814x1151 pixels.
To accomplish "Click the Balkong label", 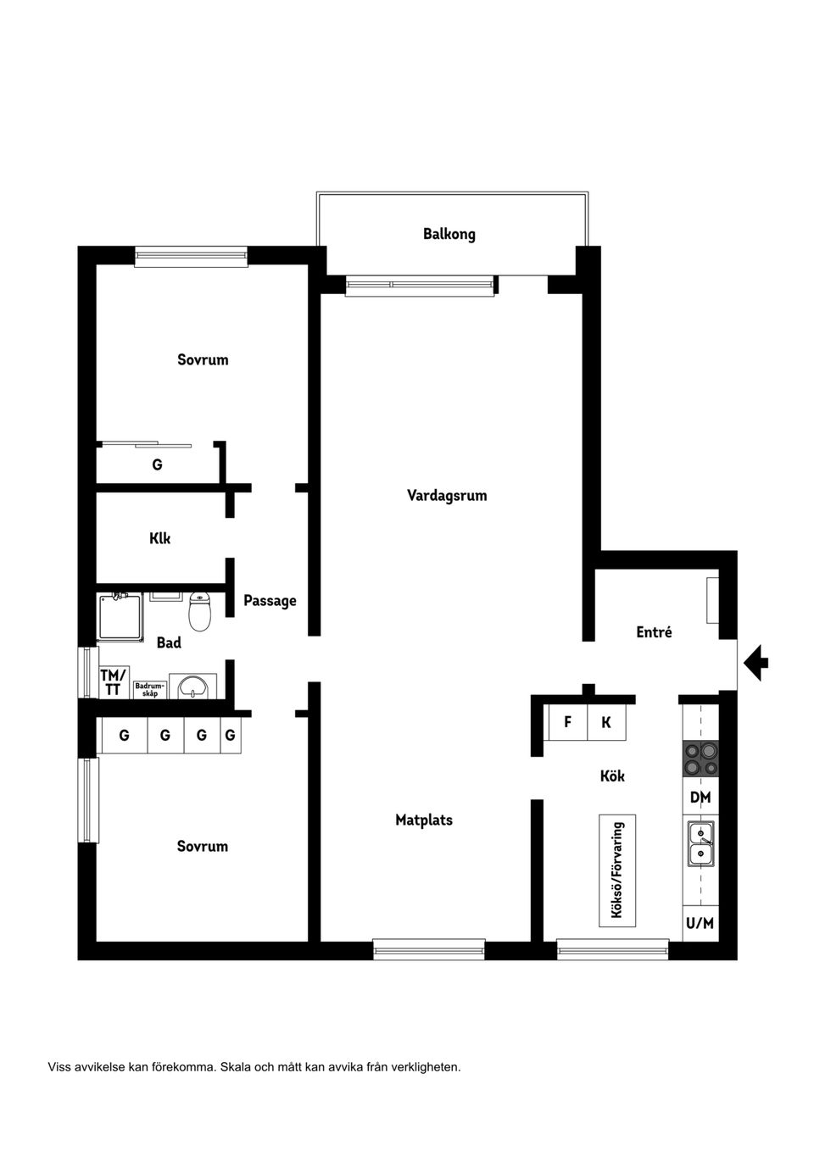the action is pyautogui.click(x=449, y=234).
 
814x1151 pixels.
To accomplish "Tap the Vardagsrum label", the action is pyautogui.click(x=447, y=496).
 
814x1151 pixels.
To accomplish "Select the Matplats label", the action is pyautogui.click(x=424, y=820).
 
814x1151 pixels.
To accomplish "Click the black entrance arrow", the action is pyautogui.click(x=756, y=663).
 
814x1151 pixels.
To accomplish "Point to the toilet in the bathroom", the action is pyautogui.click(x=200, y=611).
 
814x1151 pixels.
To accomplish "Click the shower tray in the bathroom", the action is pyautogui.click(x=120, y=617).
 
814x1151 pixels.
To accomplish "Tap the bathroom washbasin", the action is pyautogui.click(x=192, y=687).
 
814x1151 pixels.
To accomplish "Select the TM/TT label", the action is pyautogui.click(x=113, y=681).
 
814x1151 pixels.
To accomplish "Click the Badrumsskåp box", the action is pyautogui.click(x=150, y=689).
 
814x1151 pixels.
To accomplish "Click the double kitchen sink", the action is pyautogui.click(x=701, y=843).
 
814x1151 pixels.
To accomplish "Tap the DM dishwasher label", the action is pyautogui.click(x=700, y=797).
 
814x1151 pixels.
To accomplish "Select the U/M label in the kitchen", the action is pyautogui.click(x=700, y=923).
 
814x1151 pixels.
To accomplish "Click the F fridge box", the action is pyautogui.click(x=568, y=722).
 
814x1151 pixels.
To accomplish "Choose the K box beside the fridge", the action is pyautogui.click(x=606, y=722).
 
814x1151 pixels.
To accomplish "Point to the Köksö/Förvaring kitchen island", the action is pyautogui.click(x=617, y=870).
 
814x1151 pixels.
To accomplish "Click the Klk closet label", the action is pyautogui.click(x=159, y=538).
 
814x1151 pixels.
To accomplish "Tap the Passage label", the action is pyautogui.click(x=270, y=601).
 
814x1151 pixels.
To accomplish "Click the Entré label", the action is pyautogui.click(x=654, y=631).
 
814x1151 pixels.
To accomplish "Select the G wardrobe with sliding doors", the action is pyautogui.click(x=157, y=463).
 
